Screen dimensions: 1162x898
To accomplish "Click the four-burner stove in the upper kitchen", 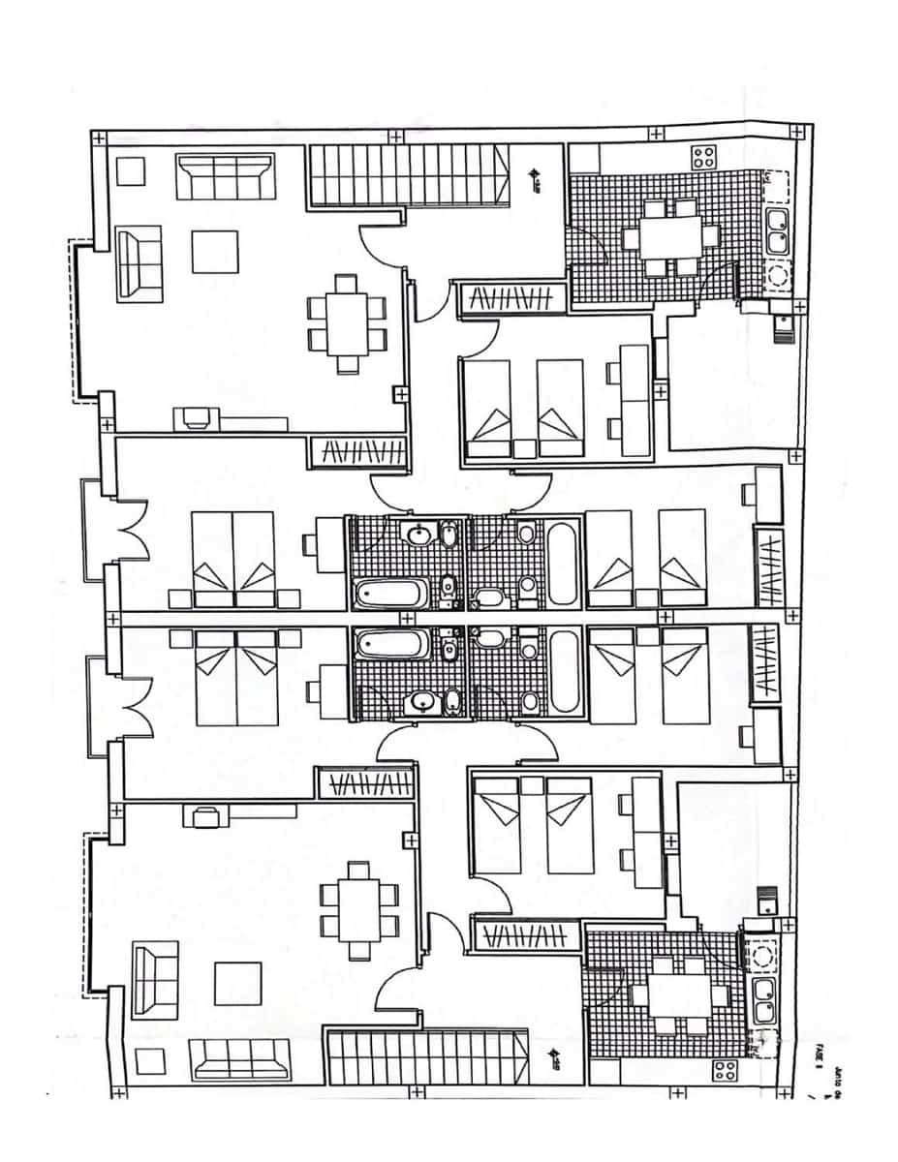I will tap(704, 157).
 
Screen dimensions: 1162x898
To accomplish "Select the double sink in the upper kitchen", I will tap(776, 229).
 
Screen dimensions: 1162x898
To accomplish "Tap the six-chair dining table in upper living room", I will tap(346, 323).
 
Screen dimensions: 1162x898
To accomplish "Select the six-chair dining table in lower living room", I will tap(359, 909).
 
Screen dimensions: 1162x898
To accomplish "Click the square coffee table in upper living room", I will tap(215, 252).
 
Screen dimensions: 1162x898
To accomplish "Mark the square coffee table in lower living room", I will tap(237, 982).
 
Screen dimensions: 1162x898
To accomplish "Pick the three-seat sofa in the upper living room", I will tap(222, 175).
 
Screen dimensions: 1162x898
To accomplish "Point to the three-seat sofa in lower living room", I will tap(241, 1059).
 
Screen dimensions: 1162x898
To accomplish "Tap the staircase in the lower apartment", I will tap(427, 1058).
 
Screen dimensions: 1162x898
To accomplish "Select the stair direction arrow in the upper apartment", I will tap(534, 177).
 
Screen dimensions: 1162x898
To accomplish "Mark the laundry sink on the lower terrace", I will tap(766, 902).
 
